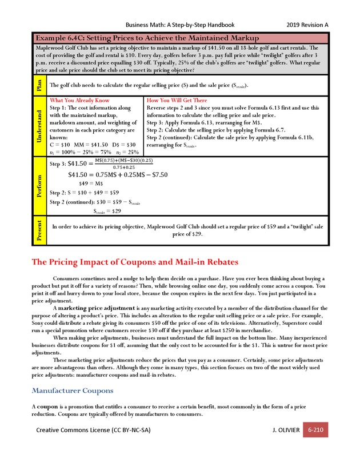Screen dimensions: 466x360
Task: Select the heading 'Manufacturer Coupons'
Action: click(x=72, y=391)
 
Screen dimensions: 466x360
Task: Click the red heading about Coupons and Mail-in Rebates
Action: click(x=134, y=262)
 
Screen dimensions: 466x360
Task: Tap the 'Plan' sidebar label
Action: click(x=39, y=85)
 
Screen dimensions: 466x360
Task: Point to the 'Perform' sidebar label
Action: click(x=39, y=186)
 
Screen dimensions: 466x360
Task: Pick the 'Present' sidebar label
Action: click(x=39, y=230)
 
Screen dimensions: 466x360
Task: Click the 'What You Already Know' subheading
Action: click(x=79, y=100)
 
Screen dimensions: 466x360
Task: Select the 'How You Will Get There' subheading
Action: click(x=177, y=100)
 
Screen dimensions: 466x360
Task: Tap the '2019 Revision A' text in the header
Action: click(x=307, y=25)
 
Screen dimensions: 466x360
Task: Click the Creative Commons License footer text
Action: click(x=93, y=429)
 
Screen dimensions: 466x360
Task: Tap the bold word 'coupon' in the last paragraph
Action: click(x=49, y=405)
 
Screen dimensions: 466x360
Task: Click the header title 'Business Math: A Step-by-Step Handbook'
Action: click(x=179, y=25)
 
